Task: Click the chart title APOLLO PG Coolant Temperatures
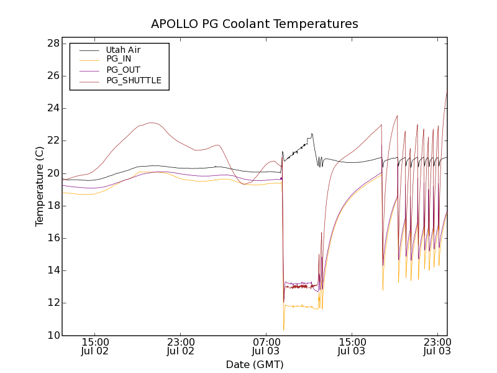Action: [255, 24]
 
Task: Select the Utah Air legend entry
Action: [123, 50]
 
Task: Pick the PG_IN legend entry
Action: [119, 59]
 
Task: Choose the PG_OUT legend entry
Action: [123, 70]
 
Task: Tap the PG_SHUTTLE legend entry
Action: [134, 80]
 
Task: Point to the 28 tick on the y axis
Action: [53, 44]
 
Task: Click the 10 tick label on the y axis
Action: [53, 335]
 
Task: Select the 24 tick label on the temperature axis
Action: [53, 108]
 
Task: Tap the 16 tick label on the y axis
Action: [53, 238]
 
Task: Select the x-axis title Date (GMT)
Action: [255, 364]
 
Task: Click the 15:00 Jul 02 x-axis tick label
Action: [95, 346]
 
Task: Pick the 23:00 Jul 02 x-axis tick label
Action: [181, 346]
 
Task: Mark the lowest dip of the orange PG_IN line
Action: [283, 329]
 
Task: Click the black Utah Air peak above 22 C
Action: [311, 134]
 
